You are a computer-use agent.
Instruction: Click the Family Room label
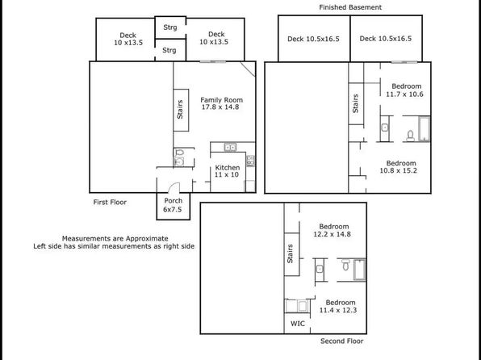coord(221,103)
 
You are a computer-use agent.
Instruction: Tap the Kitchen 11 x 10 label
coord(228,171)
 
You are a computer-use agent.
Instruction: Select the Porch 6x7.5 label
coord(173,205)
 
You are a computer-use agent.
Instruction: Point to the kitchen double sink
coord(230,148)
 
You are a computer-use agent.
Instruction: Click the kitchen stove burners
coord(250,161)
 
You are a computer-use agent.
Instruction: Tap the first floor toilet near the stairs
coord(180,153)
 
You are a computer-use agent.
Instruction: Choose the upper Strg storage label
coord(170,27)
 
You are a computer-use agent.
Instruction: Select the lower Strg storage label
coord(169,50)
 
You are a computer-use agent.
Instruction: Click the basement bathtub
coord(425,128)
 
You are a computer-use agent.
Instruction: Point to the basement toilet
coord(411,136)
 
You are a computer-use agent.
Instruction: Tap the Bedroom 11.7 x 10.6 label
coord(405,90)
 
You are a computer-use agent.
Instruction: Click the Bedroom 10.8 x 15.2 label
coord(399,167)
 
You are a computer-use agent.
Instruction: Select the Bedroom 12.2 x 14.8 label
coord(333,230)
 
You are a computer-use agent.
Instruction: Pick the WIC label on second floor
coord(298,324)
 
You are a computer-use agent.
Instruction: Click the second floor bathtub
coord(360,270)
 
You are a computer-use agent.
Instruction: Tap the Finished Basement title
coord(350,7)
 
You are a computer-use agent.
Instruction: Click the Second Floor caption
coord(341,341)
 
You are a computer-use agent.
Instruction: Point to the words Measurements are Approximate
coord(115,238)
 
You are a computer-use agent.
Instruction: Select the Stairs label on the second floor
coord(290,253)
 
